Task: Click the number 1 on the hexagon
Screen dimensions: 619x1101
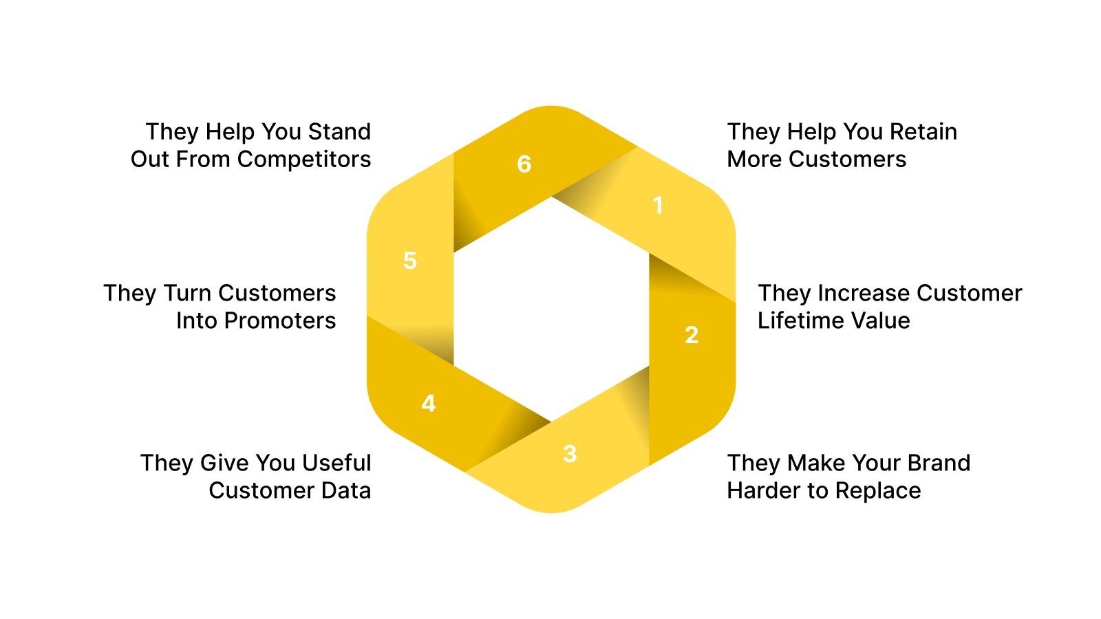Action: (x=658, y=205)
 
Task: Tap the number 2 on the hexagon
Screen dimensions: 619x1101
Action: (x=692, y=335)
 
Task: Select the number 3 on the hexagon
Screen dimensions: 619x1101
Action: (x=570, y=454)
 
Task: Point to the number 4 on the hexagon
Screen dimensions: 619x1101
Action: (x=428, y=403)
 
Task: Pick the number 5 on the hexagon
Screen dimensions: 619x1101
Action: (x=410, y=261)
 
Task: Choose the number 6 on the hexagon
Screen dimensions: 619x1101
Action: (x=524, y=164)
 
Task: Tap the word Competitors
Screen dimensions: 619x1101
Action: (x=303, y=160)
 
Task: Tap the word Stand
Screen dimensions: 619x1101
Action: (x=339, y=131)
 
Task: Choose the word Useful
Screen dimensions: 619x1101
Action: (x=336, y=463)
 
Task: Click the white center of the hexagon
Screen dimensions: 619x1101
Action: (x=551, y=309)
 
